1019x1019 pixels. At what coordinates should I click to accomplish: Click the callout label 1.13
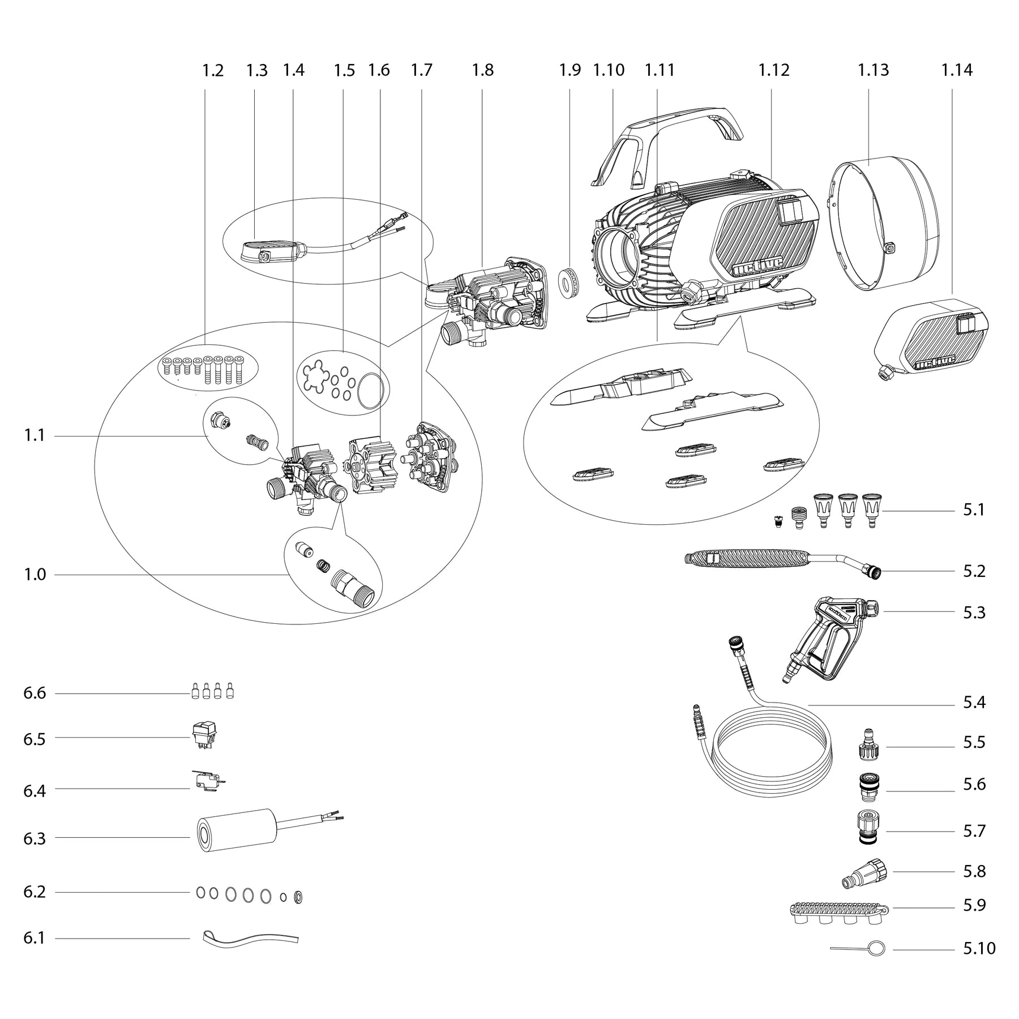click(873, 71)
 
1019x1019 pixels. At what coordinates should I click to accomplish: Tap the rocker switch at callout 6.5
click(204, 736)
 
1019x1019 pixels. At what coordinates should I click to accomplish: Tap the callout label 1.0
click(35, 575)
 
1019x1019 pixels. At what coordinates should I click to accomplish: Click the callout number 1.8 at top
click(483, 71)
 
